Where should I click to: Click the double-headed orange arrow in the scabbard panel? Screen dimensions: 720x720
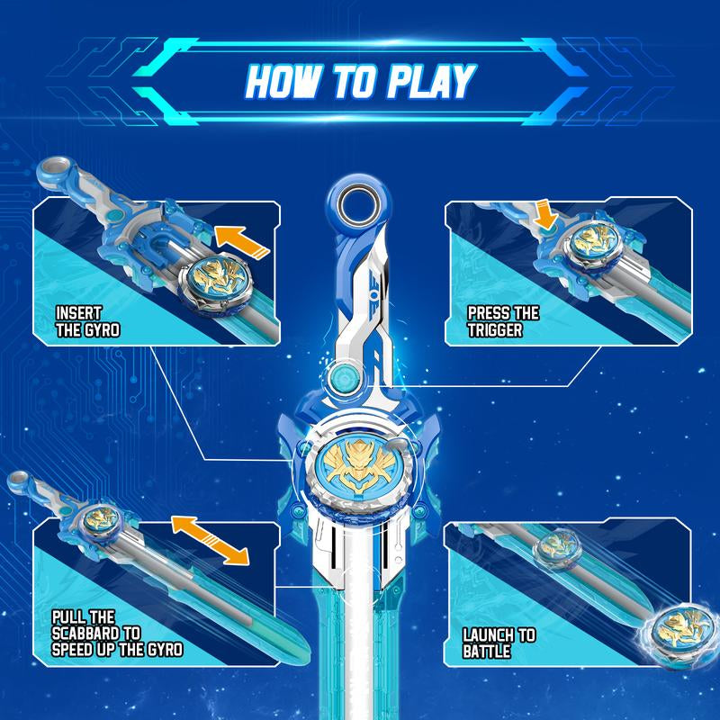pos(210,540)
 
